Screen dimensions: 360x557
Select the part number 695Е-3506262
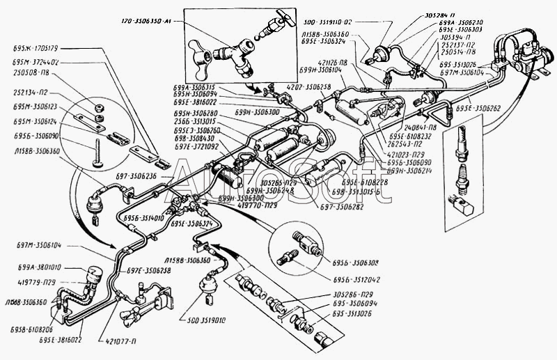click(x=475, y=108)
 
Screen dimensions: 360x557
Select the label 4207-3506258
click(x=308, y=88)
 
